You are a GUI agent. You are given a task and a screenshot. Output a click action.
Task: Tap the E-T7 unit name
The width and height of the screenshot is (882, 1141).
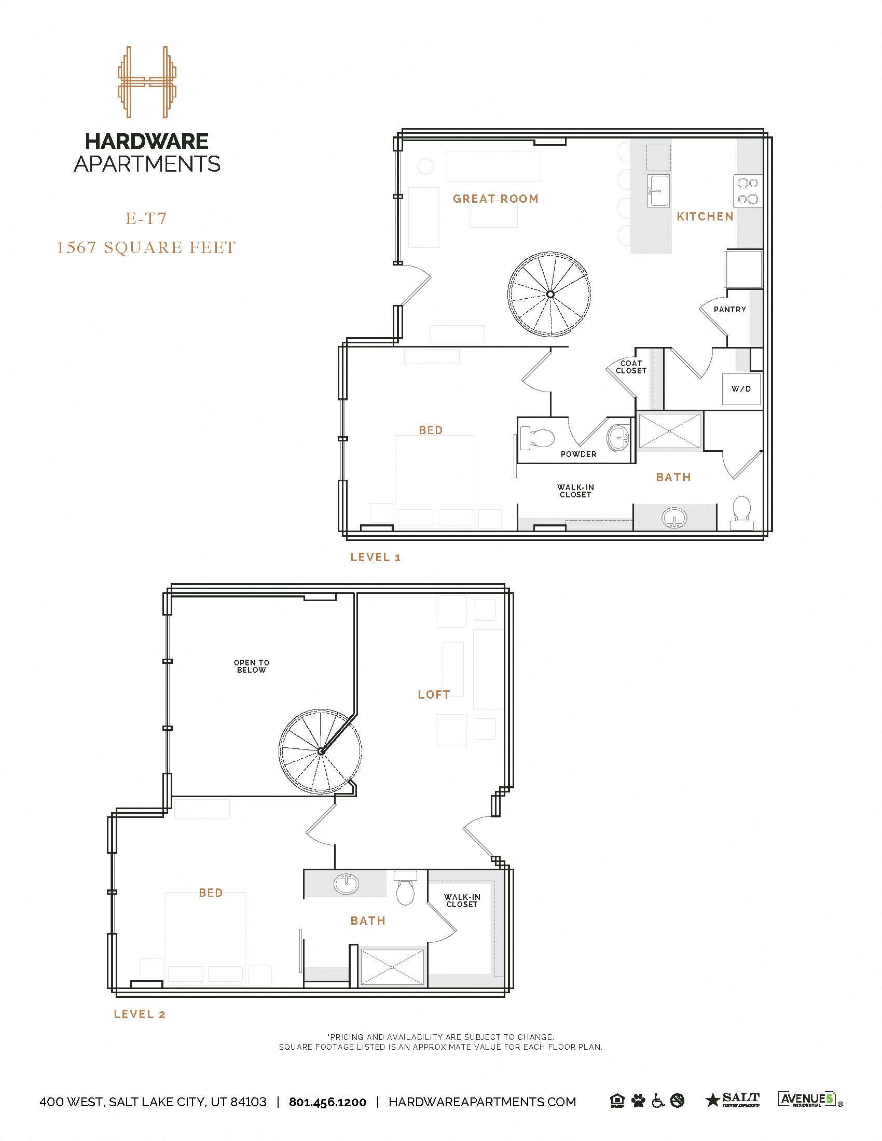[x=146, y=218]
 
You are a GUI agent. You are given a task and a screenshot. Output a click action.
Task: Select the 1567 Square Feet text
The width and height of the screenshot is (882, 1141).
[x=146, y=247]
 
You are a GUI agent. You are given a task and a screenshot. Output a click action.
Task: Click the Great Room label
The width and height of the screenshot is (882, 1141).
[x=495, y=199]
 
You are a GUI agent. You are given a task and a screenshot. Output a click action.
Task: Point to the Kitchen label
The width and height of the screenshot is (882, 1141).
[x=705, y=216]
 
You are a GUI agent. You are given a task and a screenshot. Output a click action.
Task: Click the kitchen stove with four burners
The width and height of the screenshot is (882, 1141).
[x=748, y=191]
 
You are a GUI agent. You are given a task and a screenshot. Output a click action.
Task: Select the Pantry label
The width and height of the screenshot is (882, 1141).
[x=729, y=309]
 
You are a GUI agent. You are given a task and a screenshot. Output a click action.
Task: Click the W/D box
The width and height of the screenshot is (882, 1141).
[x=741, y=388]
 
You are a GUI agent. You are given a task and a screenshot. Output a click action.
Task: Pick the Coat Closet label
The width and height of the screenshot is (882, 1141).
[x=631, y=367]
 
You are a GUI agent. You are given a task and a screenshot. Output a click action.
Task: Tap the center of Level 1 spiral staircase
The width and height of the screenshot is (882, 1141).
[x=549, y=295]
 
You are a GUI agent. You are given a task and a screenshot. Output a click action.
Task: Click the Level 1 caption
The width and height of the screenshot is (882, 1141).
[x=375, y=557]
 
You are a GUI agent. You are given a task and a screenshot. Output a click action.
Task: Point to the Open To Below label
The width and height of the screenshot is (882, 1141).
[x=251, y=666]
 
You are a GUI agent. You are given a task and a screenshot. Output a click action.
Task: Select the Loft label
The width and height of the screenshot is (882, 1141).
[x=434, y=694]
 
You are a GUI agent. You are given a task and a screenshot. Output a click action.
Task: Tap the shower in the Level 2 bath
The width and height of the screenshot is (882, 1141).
[x=393, y=968]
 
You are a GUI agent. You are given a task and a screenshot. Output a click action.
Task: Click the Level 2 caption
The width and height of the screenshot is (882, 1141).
[x=140, y=1014]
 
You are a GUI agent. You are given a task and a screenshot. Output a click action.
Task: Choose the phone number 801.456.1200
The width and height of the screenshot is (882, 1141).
[x=327, y=1102]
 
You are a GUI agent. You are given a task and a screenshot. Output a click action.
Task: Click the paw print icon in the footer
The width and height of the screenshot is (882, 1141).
[x=638, y=1101]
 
